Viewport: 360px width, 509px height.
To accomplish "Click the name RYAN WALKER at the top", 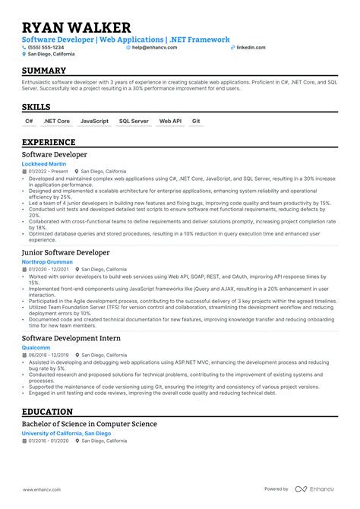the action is [x=76, y=28].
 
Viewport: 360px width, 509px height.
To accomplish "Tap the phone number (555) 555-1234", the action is [x=47, y=47].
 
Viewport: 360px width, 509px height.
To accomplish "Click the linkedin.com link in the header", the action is [x=251, y=47].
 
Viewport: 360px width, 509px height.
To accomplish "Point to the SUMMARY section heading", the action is [x=44, y=71].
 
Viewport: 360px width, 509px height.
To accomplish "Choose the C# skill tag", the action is [x=29, y=121].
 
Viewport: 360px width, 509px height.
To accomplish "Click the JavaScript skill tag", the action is [x=94, y=121].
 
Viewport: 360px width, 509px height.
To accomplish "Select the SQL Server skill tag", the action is [x=134, y=121].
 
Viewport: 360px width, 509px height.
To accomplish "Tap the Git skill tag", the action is [x=196, y=121].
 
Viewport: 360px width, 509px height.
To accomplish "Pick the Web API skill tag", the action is [x=170, y=121].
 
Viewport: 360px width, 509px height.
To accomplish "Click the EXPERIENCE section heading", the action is [x=49, y=142].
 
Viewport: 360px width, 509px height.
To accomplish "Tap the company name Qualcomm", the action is [x=36, y=347].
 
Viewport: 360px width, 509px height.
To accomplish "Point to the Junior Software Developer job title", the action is [x=76, y=252].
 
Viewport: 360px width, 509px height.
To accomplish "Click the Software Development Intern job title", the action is [x=81, y=338].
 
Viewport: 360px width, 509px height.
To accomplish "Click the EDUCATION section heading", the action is [x=47, y=411].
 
